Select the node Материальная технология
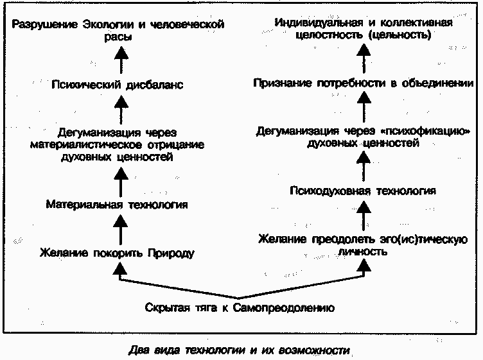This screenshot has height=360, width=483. (x=117, y=205)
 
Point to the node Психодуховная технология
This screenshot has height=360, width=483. (x=363, y=191)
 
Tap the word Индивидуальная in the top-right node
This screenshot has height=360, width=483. (x=313, y=23)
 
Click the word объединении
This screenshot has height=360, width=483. (x=442, y=83)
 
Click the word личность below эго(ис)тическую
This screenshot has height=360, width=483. (x=364, y=252)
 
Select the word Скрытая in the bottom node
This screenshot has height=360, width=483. (x=164, y=307)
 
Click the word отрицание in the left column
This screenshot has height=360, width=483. (x=178, y=144)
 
